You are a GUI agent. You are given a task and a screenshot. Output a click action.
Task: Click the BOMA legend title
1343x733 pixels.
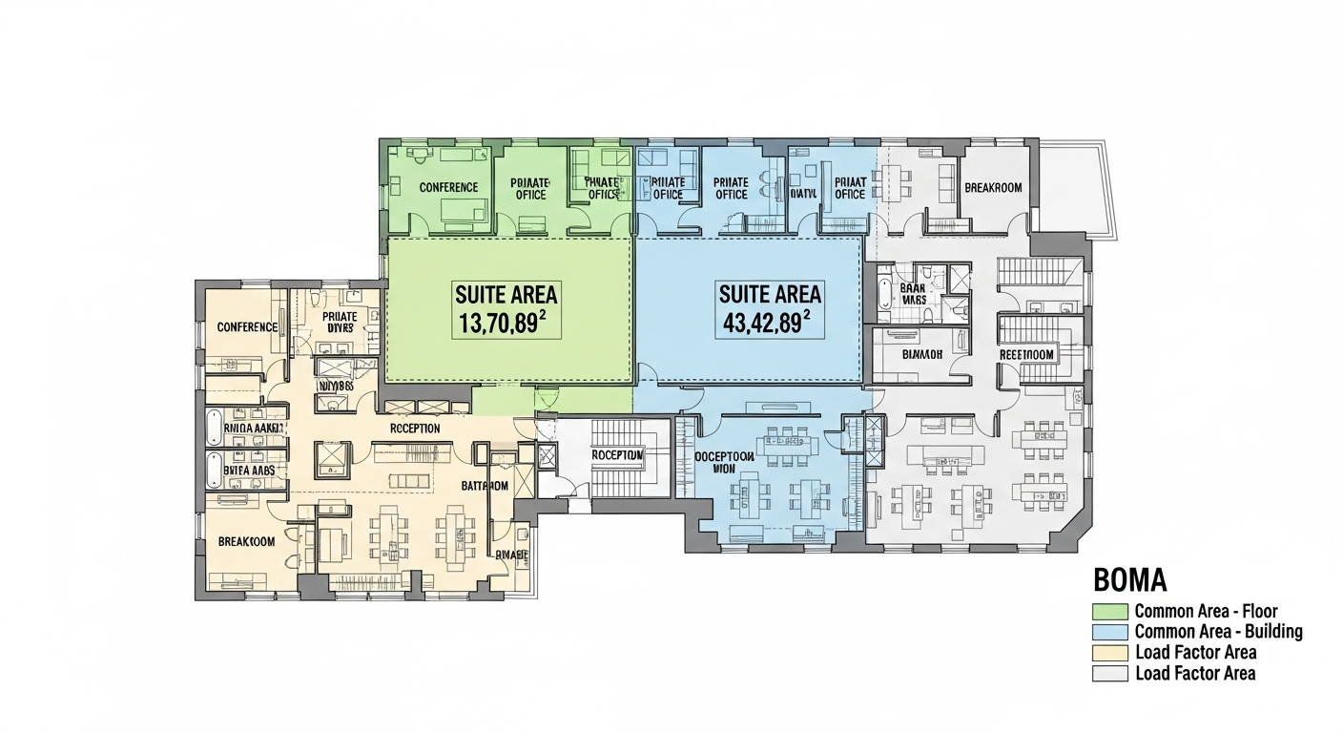(x=1129, y=580)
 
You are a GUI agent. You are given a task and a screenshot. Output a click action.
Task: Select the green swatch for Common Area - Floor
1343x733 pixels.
(x=1109, y=611)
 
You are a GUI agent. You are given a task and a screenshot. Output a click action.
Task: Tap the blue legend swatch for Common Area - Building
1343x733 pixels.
(x=1109, y=632)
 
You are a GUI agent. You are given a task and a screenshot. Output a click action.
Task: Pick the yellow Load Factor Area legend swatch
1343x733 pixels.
(x=1109, y=653)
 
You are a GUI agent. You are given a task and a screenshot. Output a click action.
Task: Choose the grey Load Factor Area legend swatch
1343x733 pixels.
(x=1109, y=674)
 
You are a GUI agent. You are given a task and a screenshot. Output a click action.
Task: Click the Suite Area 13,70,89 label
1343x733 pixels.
(x=506, y=309)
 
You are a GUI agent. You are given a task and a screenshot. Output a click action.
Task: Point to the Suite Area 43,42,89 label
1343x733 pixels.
(x=770, y=309)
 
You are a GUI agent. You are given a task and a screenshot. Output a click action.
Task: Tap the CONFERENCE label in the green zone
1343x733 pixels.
(x=448, y=187)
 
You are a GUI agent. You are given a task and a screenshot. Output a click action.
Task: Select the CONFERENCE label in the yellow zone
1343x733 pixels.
(x=247, y=326)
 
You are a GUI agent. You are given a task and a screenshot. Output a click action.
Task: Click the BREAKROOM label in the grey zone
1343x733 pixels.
(x=993, y=187)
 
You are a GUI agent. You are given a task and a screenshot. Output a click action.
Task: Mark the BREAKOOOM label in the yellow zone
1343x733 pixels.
(x=246, y=541)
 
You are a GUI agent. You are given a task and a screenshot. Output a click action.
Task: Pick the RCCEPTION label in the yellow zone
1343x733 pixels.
(x=415, y=429)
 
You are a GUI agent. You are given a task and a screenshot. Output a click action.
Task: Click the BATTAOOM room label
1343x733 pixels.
(x=485, y=486)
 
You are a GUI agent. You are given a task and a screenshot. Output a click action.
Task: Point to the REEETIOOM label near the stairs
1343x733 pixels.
(x=1025, y=354)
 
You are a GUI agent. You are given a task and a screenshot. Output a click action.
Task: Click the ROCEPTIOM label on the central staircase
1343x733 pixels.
(x=617, y=455)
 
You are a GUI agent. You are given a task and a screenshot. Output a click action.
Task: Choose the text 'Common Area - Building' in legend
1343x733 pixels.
(x=1218, y=632)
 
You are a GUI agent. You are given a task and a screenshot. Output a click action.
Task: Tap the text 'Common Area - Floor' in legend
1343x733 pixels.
(x=1206, y=611)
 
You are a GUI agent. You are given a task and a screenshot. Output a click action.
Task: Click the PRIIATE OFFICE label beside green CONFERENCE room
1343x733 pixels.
(x=530, y=188)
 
